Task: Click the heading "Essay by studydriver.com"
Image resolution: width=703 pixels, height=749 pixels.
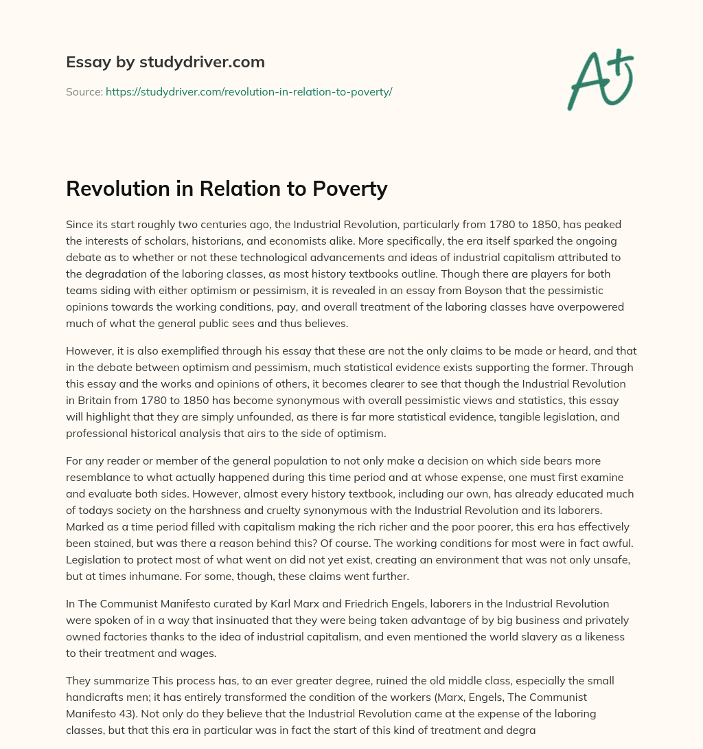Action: click(x=165, y=62)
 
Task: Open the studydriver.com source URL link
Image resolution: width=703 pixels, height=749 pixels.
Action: click(x=249, y=91)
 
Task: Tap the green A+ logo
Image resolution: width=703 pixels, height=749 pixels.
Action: click(x=599, y=79)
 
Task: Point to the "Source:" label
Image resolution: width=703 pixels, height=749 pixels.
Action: click(x=84, y=91)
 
